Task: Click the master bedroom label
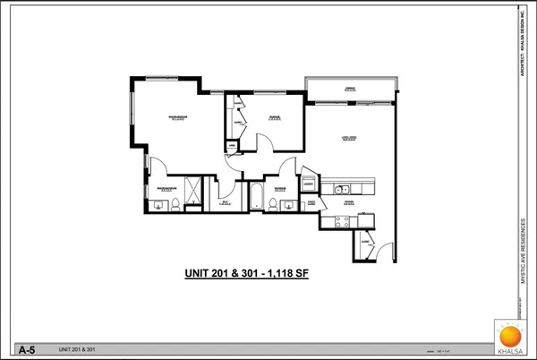[177, 117]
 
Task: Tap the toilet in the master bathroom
[175, 204]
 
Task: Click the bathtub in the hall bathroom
[254, 196]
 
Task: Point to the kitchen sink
[341, 188]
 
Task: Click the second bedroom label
[275, 116]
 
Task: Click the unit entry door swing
[383, 248]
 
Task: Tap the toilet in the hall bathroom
[271, 202]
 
